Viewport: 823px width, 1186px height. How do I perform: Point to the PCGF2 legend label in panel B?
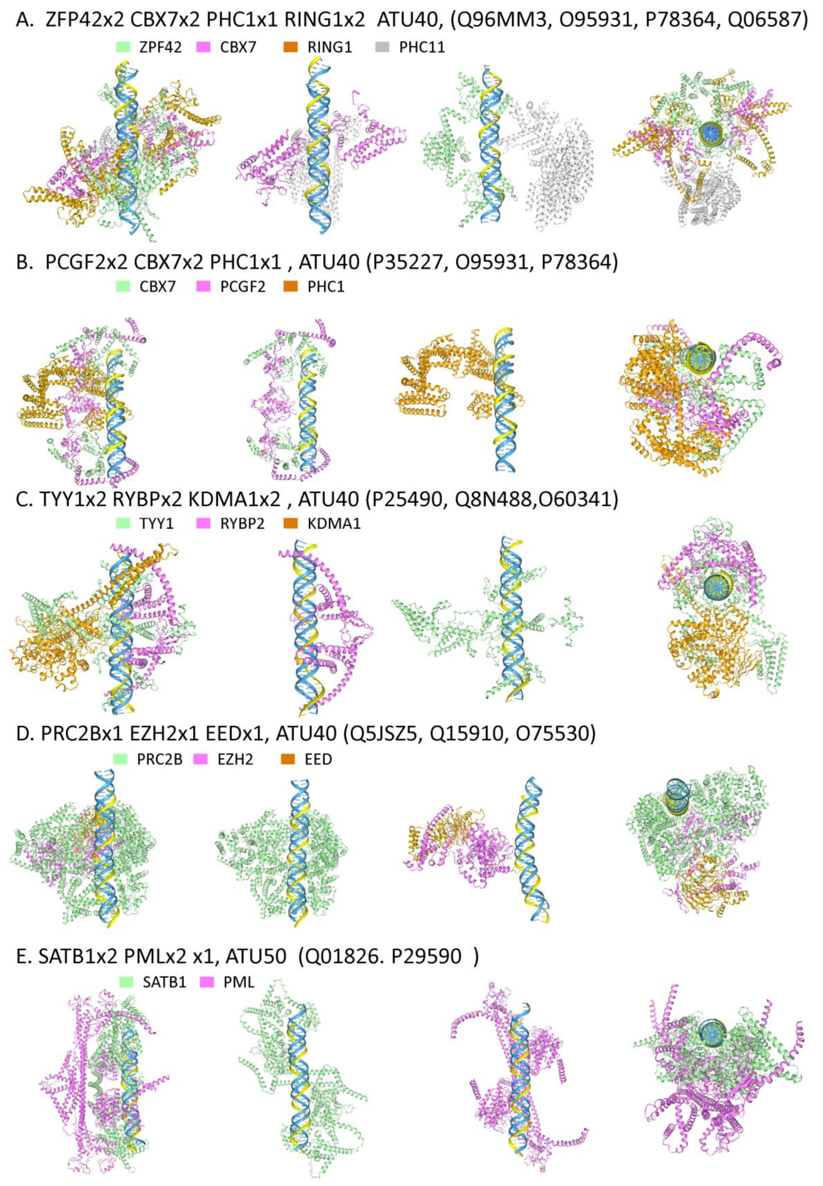pos(242,287)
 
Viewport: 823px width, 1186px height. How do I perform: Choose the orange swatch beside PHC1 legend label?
pos(291,287)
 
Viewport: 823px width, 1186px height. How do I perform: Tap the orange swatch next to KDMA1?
pos(291,524)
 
